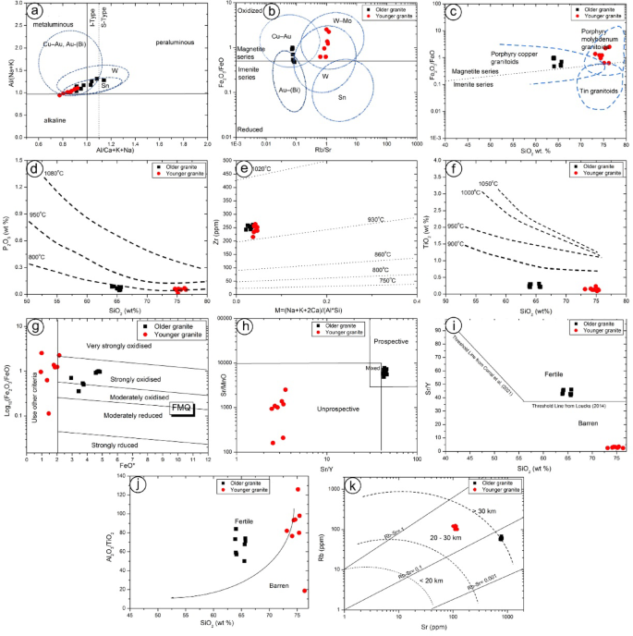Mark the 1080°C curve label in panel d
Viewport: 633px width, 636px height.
click(x=55, y=174)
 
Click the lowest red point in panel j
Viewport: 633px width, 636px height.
click(x=304, y=591)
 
